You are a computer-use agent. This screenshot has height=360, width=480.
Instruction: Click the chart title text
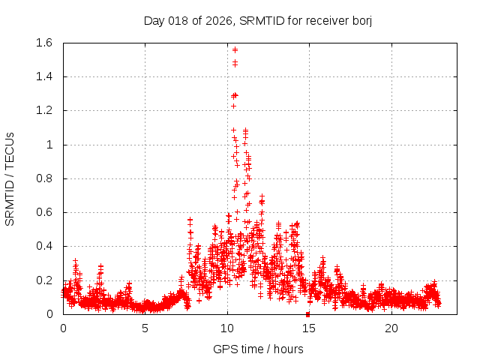coord(258,20)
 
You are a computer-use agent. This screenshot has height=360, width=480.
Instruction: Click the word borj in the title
coord(361,20)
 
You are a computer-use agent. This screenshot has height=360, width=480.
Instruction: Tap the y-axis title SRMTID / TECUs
coord(10,178)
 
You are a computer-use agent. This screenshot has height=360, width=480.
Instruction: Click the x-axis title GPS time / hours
coord(258,349)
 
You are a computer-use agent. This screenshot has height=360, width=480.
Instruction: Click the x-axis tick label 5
coord(145,328)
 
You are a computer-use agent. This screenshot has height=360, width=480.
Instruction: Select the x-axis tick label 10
coord(227,328)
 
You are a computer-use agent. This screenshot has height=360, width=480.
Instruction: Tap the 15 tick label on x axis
coord(310,328)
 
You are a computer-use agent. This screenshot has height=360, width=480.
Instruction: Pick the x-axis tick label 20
coord(391,328)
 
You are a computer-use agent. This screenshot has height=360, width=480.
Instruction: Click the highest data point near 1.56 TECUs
coord(235,49)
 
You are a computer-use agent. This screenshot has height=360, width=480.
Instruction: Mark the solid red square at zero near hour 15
coord(308,314)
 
